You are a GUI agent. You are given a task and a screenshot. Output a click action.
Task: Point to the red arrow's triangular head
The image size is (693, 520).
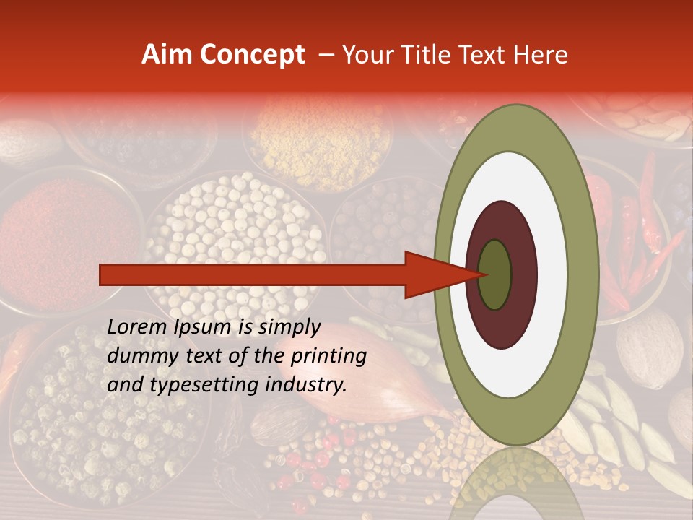(x=433, y=274)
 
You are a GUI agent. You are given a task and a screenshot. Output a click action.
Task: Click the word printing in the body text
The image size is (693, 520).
(x=328, y=356)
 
